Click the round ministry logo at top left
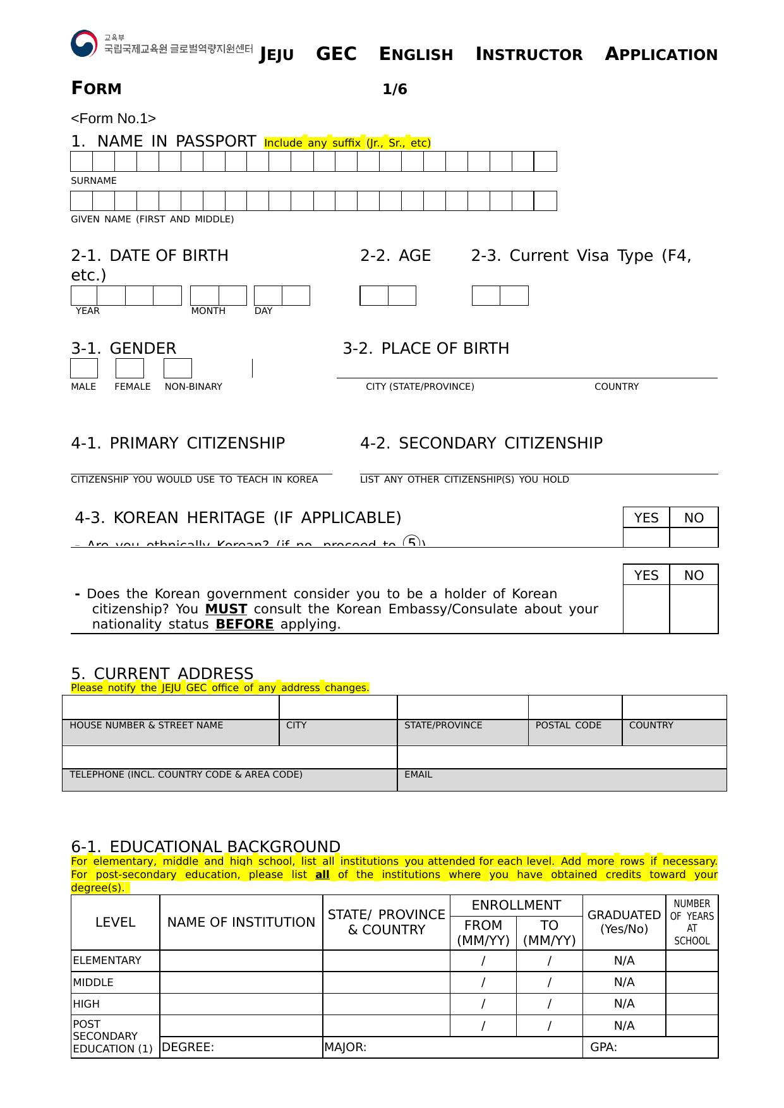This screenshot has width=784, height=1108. pyautogui.click(x=84, y=44)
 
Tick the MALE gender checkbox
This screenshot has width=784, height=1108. pyautogui.click(x=84, y=368)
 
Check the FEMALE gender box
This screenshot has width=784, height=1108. pyautogui.click(x=130, y=368)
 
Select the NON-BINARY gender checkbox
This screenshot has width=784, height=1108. pyautogui.click(x=178, y=368)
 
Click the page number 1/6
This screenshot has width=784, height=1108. pyautogui.click(x=395, y=90)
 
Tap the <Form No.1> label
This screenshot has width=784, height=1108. pyautogui.click(x=113, y=119)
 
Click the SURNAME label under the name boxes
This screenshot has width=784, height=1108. pyautogui.click(x=93, y=181)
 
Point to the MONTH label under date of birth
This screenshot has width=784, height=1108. pyautogui.click(x=208, y=311)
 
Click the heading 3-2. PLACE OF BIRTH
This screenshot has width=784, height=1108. pyautogui.click(x=426, y=349)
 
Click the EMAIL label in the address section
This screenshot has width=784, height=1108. pyautogui.click(x=418, y=774)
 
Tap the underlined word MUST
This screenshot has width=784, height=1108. pyautogui.click(x=226, y=609)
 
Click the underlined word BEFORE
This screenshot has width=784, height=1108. pyautogui.click(x=244, y=624)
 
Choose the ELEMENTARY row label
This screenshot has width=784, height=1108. pyautogui.click(x=107, y=960)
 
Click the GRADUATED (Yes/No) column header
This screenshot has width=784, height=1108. pyautogui.click(x=624, y=922)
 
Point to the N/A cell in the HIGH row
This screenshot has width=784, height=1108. pyautogui.click(x=624, y=1004)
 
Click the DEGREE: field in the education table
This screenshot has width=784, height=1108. pyautogui.click(x=188, y=1047)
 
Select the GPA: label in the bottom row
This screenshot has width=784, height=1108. pyautogui.click(x=603, y=1047)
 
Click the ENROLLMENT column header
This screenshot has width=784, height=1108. pyautogui.click(x=516, y=905)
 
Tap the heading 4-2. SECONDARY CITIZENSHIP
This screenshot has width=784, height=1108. pyautogui.click(x=481, y=443)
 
